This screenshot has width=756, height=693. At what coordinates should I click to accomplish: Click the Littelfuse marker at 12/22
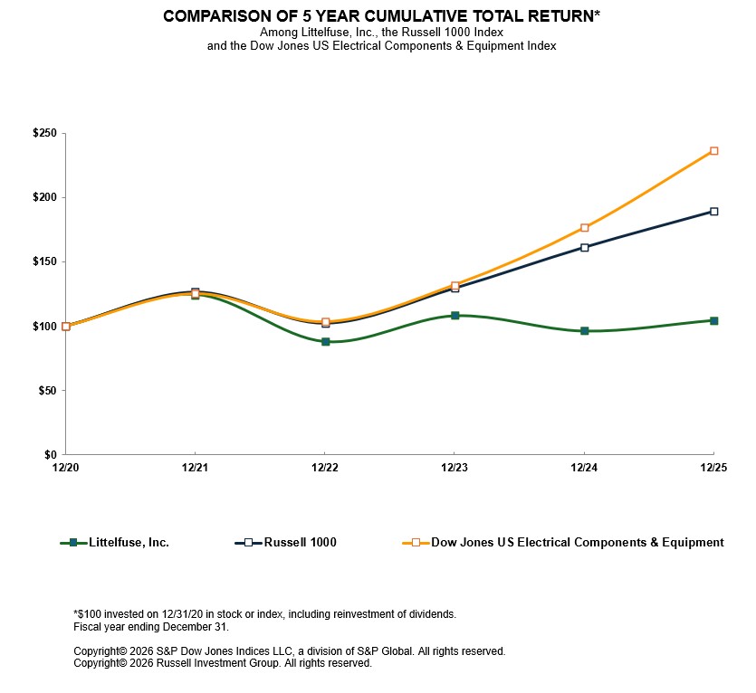click(325, 342)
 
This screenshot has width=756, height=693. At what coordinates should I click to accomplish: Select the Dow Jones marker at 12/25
click(714, 151)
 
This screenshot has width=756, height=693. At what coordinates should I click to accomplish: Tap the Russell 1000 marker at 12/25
click(714, 212)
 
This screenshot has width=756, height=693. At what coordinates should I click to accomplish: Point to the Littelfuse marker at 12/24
click(585, 331)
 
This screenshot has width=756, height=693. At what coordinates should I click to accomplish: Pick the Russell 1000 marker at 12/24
click(585, 247)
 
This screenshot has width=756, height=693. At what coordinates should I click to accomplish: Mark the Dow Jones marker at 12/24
click(585, 228)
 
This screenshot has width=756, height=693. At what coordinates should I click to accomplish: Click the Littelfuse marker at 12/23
click(455, 316)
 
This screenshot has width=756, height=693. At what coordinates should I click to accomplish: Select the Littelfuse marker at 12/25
click(714, 320)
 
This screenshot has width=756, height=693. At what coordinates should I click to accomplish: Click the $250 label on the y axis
click(45, 134)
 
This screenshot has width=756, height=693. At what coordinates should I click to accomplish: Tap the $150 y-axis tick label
click(45, 262)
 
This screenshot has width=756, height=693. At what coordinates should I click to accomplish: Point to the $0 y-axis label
click(51, 455)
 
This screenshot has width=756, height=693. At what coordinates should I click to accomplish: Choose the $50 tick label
click(48, 391)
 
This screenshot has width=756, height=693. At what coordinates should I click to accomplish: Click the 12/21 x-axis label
click(195, 468)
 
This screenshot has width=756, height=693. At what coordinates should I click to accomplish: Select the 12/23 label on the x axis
click(455, 468)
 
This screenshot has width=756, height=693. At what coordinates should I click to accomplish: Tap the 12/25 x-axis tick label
click(714, 468)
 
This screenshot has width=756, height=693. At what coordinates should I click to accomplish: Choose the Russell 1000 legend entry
click(300, 543)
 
